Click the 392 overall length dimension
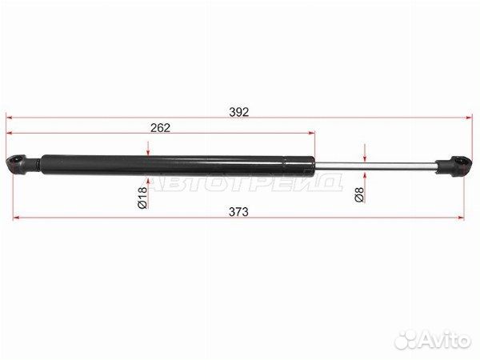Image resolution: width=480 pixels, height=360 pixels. pyautogui.click(x=239, y=111)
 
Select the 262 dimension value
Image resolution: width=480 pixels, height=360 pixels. pyautogui.click(x=158, y=127)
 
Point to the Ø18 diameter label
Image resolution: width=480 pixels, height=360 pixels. pyautogui.click(x=142, y=198)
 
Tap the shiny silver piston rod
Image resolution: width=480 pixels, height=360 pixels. pyautogui.click(x=376, y=166)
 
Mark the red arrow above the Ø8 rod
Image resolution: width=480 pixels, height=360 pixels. pyautogui.click(x=364, y=153)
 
